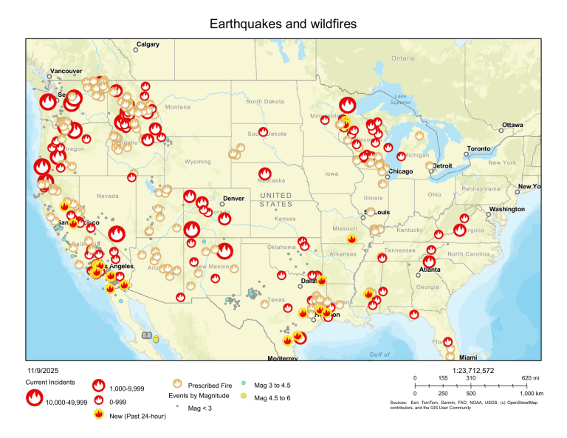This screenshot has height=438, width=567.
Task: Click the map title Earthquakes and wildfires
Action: click(283, 24)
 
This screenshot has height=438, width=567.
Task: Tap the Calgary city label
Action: click(148, 45)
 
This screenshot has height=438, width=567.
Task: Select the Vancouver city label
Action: click(66, 72)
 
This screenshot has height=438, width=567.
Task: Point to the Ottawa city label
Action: click(512, 125)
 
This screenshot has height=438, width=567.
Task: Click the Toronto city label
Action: click(478, 148)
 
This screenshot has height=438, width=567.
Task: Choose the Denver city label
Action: click(233, 199)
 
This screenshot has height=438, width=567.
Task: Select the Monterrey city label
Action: click(282, 358)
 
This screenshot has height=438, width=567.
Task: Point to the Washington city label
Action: click(506, 209)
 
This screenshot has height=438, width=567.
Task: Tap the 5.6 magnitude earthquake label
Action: click(147, 335)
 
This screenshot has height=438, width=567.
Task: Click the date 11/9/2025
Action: click(42, 370)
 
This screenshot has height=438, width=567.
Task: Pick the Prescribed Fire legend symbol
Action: click(176, 385)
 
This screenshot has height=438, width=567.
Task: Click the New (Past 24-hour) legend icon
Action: click(97, 414)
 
